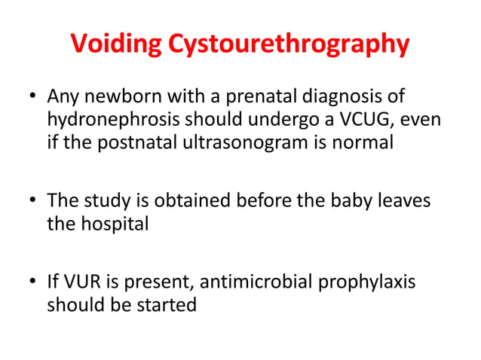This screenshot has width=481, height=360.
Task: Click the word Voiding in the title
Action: [x=117, y=44]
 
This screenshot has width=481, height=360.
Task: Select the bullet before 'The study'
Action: [x=31, y=202]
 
